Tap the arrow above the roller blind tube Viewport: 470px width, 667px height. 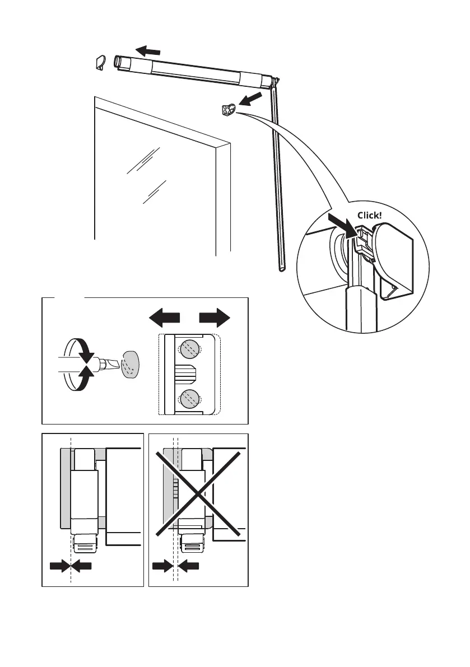click(x=152, y=51)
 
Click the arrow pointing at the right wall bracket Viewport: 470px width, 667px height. click(x=250, y=99)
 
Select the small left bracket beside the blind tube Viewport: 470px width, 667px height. click(x=101, y=63)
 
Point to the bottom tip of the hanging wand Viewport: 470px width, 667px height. click(x=281, y=269)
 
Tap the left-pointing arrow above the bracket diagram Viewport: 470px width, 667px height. click(x=165, y=319)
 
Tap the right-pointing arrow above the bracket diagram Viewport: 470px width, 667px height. click(x=215, y=319)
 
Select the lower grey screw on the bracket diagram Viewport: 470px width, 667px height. click(x=189, y=400)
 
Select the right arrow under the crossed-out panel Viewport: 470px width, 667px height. click(x=190, y=567)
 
